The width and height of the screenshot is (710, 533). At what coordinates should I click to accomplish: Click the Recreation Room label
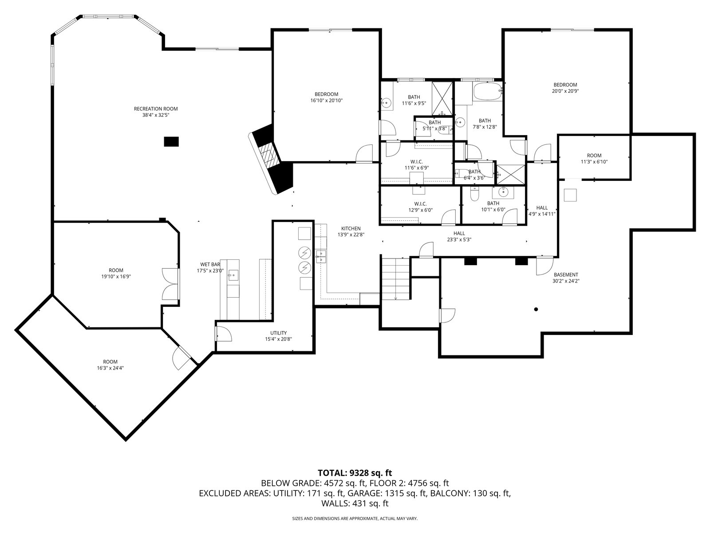click(156, 109)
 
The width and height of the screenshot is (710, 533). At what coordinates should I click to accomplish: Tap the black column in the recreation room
click(171, 142)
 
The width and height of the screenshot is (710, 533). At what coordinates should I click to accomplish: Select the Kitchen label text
click(351, 228)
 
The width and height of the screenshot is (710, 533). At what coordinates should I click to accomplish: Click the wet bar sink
click(233, 275)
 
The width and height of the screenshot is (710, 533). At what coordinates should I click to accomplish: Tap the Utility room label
click(279, 333)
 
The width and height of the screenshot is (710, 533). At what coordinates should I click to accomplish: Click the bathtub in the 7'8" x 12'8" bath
click(488, 91)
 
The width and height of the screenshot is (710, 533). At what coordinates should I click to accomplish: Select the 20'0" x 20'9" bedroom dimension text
click(565, 91)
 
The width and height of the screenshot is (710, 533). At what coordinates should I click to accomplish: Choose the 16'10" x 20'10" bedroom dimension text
click(326, 101)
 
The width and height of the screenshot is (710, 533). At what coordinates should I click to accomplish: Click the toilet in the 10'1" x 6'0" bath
click(474, 194)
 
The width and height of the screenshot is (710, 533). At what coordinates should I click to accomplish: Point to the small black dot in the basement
click(536, 310)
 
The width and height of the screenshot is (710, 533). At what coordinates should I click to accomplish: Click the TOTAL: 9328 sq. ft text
click(355, 473)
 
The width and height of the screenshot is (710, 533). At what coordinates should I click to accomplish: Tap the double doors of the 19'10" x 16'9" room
click(170, 284)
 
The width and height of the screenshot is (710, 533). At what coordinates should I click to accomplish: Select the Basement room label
click(566, 275)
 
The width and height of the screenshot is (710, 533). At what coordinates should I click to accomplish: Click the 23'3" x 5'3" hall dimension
click(459, 240)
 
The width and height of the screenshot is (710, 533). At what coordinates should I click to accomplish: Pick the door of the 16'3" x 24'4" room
click(181, 358)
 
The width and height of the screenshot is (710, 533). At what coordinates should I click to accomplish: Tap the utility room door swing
click(224, 334)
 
